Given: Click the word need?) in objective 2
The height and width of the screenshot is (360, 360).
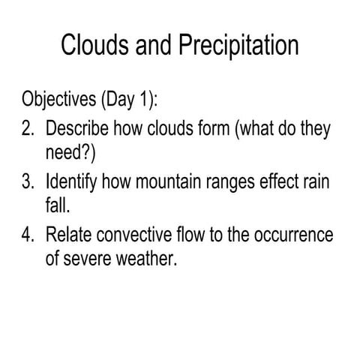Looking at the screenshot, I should click(71, 154).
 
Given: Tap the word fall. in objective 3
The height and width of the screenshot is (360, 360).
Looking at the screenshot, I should click(57, 207).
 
